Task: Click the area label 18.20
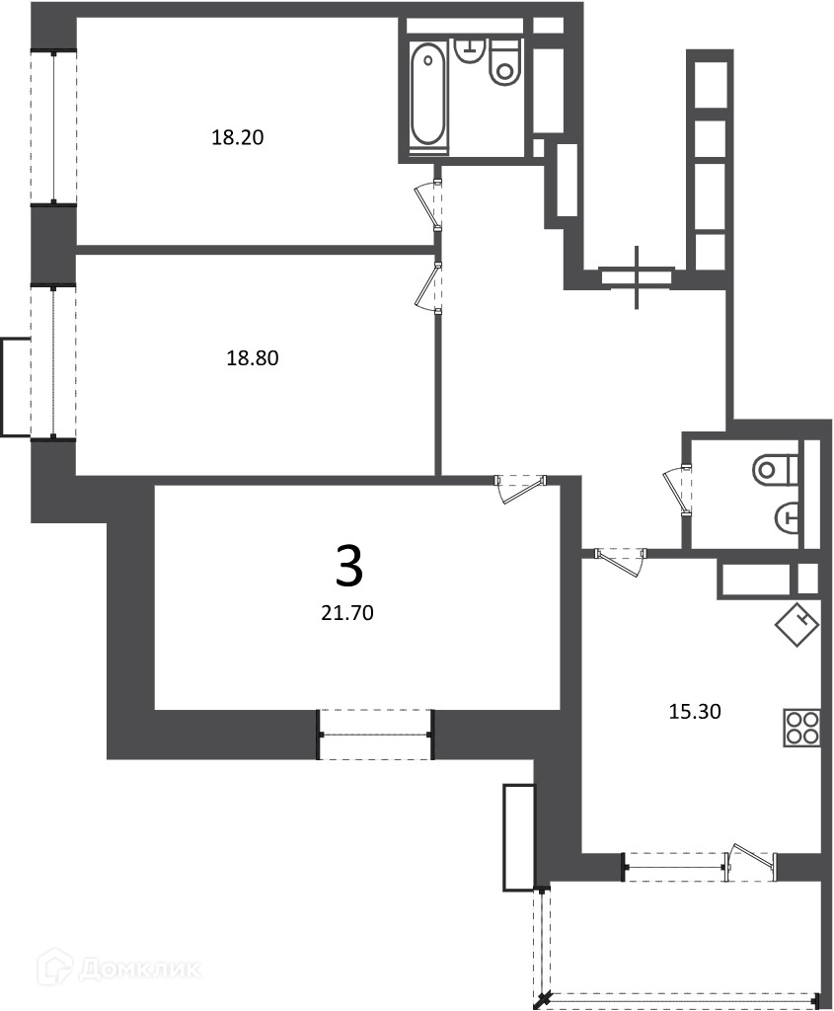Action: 238,137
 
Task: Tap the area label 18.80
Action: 252,357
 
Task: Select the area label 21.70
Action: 347,612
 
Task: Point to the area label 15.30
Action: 694,712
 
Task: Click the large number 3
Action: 350,566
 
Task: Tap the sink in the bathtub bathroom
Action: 471,49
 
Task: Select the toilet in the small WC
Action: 776,468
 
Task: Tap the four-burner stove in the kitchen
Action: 802,728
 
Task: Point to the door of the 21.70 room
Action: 520,488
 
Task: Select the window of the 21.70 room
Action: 376,735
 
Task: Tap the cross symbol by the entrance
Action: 638,277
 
